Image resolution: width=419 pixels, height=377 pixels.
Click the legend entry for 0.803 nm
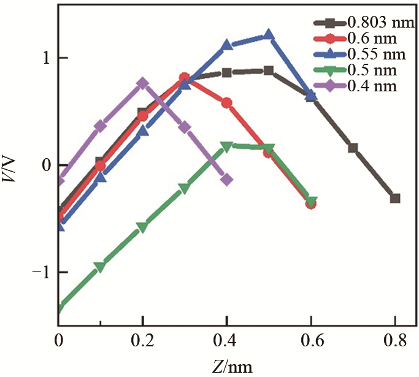(362, 23)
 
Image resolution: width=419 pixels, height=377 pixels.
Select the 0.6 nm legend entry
(362, 39)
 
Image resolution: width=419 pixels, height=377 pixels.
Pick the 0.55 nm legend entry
(362, 55)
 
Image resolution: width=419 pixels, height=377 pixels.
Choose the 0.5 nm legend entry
(362, 70)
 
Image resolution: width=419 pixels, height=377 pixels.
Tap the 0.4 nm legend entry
(362, 86)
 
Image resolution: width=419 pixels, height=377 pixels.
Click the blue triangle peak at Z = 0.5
(269, 34)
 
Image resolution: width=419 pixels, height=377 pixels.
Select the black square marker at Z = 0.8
(395, 198)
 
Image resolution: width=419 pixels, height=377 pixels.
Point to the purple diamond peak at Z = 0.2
(142, 83)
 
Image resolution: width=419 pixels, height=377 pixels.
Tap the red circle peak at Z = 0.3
(185, 77)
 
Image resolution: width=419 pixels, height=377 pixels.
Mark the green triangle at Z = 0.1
(100, 267)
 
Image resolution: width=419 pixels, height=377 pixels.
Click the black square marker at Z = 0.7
(353, 148)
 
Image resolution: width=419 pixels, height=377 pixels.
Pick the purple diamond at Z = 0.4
(226, 179)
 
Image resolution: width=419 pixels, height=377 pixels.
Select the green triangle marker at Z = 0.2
(142, 227)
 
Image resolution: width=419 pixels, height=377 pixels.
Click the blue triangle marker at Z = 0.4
(226, 45)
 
